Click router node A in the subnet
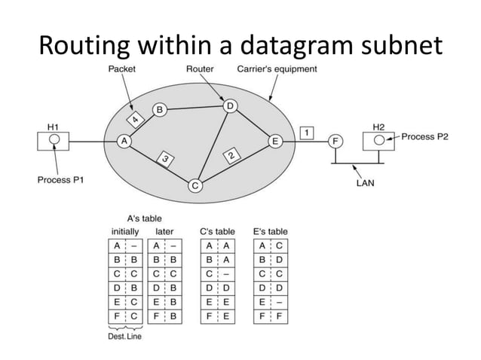[x=124, y=141]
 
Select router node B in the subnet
[x=159, y=109]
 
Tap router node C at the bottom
[x=195, y=185]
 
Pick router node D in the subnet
[x=229, y=105]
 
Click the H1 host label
[x=55, y=127]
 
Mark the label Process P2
[x=427, y=137]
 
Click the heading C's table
[x=217, y=231]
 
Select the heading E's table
[x=271, y=231]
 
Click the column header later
[x=164, y=231]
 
